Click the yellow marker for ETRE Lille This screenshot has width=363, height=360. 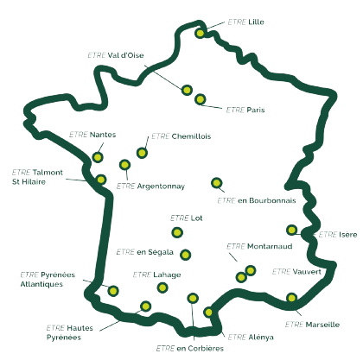tap(201, 33)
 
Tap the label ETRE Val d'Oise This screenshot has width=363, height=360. tap(116, 55)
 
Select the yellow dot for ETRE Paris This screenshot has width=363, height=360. tap(200, 99)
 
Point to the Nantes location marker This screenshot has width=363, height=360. tap(98, 157)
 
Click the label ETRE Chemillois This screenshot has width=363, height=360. tap(181, 136)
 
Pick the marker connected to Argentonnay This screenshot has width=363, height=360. tap(124, 165)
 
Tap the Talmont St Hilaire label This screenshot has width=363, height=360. tap(37, 177)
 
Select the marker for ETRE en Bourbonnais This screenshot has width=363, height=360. tap(217, 183)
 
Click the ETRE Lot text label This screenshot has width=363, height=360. tap(187, 218)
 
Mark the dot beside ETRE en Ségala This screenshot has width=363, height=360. tap(186, 255)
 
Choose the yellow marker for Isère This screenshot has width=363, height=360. tap(292, 230)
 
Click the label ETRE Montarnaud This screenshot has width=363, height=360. tap(259, 246)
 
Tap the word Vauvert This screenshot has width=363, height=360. tap(307, 272)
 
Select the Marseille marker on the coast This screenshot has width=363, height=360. tap(292, 298)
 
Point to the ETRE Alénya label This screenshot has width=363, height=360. tap(251, 337)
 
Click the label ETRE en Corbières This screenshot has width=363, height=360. tap(190, 349)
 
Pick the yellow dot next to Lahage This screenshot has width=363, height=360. tap(162, 287)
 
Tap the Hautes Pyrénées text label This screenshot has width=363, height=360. tap(70, 332)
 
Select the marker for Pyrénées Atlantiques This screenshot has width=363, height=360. tap(113, 291)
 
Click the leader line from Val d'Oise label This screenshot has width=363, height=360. tap(163, 77)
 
